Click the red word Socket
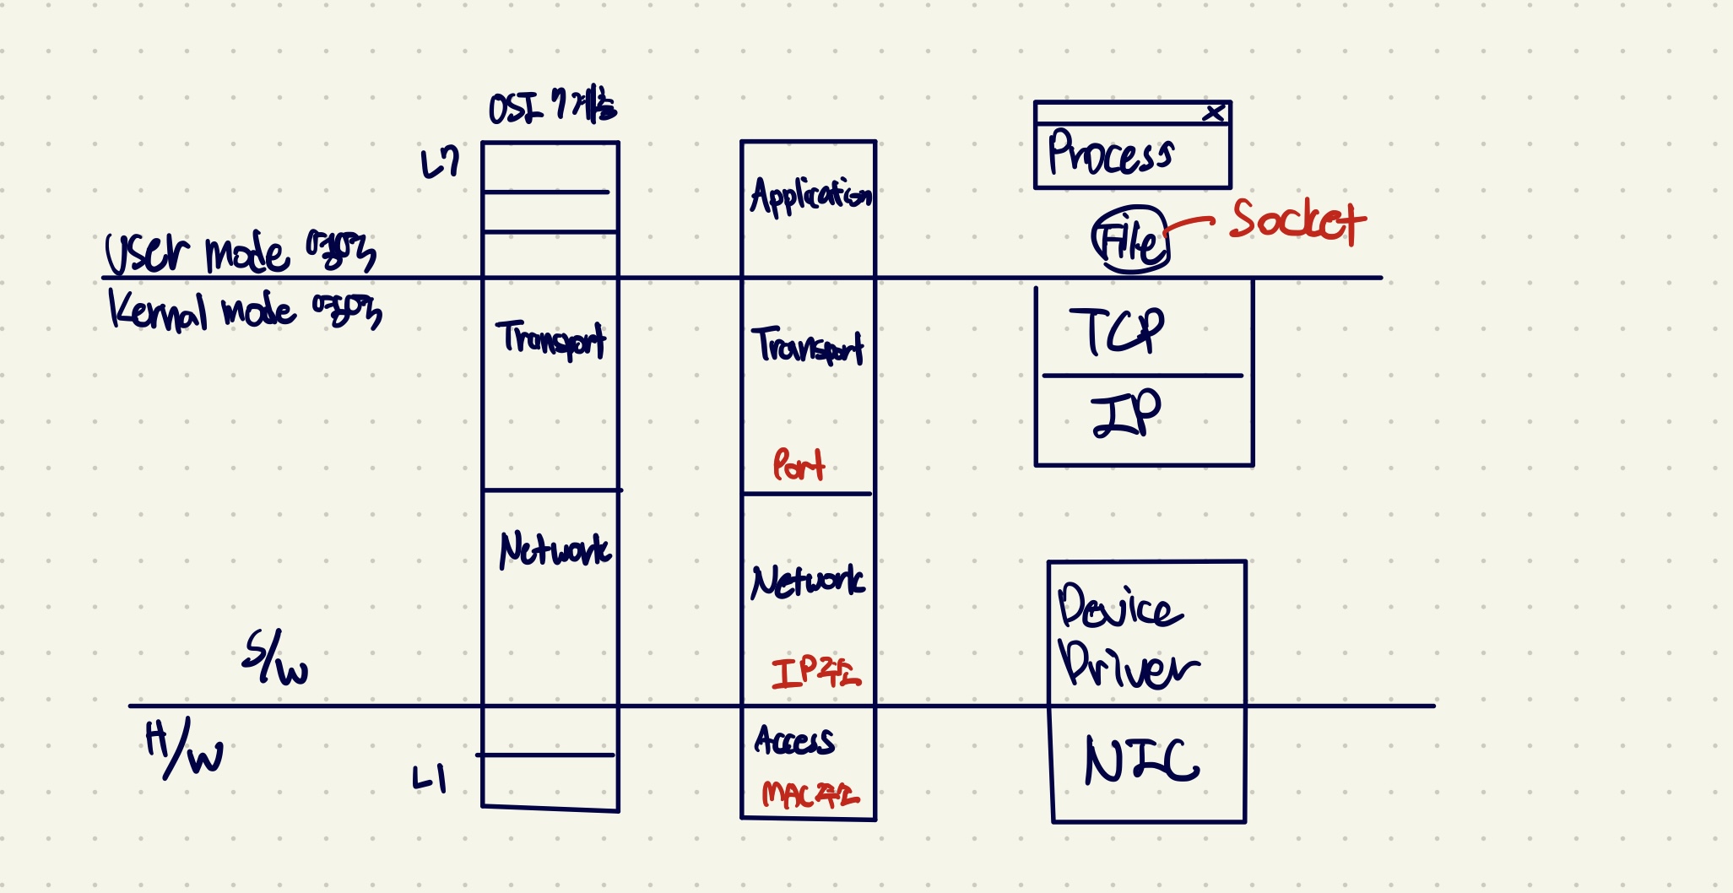pyautogui.click(x=1297, y=221)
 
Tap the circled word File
pyautogui.click(x=1129, y=241)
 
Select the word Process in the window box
pyautogui.click(x=1110, y=154)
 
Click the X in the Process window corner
pyautogui.click(x=1214, y=112)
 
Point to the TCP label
pyautogui.click(x=1116, y=331)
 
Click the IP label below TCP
pyautogui.click(x=1126, y=414)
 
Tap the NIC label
pyautogui.click(x=1141, y=760)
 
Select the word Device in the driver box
pyautogui.click(x=1118, y=607)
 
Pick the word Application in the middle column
pyautogui.click(x=810, y=196)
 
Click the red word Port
pyautogui.click(x=798, y=465)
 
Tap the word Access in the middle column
pyautogui.click(x=794, y=740)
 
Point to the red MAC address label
pyautogui.click(x=810, y=794)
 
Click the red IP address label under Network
pyautogui.click(x=815, y=672)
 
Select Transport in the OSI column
pyautogui.click(x=550, y=339)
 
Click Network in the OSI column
pyautogui.click(x=555, y=550)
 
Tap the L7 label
pyautogui.click(x=440, y=163)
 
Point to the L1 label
pyautogui.click(x=430, y=778)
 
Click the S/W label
pyautogui.click(x=275, y=658)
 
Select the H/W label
pyautogui.click(x=184, y=748)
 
